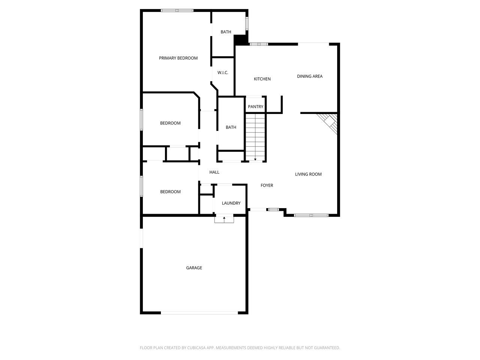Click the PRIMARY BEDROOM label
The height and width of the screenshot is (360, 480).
178,58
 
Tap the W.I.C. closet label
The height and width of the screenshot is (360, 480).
223,73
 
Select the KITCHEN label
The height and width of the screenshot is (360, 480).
262,79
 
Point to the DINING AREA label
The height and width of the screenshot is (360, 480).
310,76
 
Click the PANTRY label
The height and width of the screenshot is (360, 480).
256,107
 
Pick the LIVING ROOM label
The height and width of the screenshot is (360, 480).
308,174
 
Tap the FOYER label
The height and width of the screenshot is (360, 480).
267,186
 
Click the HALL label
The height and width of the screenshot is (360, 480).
214,172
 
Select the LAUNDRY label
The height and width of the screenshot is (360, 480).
231,203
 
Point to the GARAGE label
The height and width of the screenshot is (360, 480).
194,268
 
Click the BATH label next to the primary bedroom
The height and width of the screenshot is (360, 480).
226,32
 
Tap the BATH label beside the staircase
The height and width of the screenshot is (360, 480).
231,127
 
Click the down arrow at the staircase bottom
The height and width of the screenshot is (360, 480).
255,159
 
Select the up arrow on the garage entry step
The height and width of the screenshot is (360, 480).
224,218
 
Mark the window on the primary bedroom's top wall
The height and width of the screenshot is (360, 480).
177,10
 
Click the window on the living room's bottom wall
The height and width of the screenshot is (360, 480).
311,215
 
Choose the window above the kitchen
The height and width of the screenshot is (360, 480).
259,44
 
